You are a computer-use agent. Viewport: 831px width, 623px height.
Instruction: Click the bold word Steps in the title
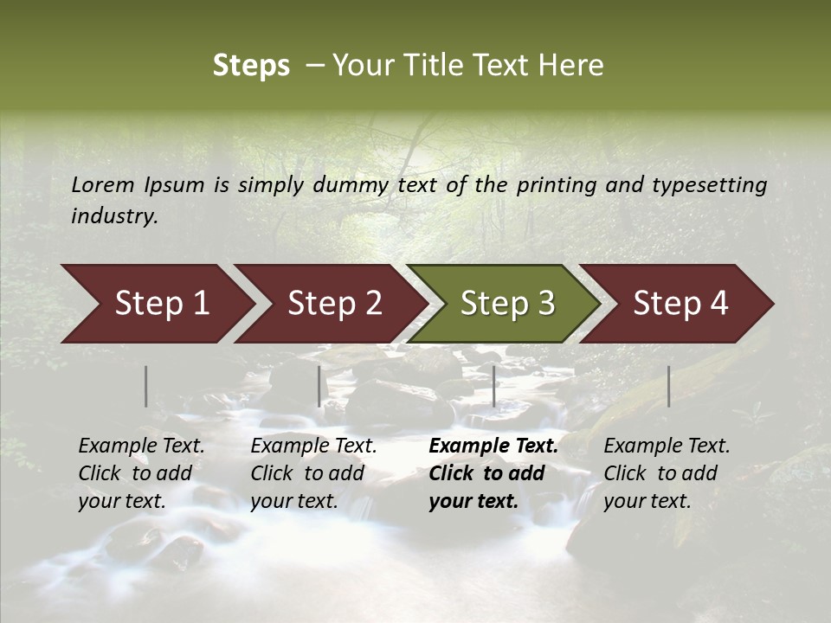(251, 66)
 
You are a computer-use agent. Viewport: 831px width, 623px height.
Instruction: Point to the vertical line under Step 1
(146, 386)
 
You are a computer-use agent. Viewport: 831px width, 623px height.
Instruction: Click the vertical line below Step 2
(319, 386)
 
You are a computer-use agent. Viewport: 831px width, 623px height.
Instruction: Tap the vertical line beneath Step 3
(494, 386)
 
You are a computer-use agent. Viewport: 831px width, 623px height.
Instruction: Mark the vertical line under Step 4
(669, 386)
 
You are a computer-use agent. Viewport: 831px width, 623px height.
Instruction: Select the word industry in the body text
(113, 216)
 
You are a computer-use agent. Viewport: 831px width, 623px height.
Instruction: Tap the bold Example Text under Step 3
(493, 446)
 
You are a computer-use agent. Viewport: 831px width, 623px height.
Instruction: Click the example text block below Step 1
(141, 473)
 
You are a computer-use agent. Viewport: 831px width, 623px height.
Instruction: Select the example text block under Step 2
(313, 473)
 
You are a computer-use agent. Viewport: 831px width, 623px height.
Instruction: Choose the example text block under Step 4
(667, 473)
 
